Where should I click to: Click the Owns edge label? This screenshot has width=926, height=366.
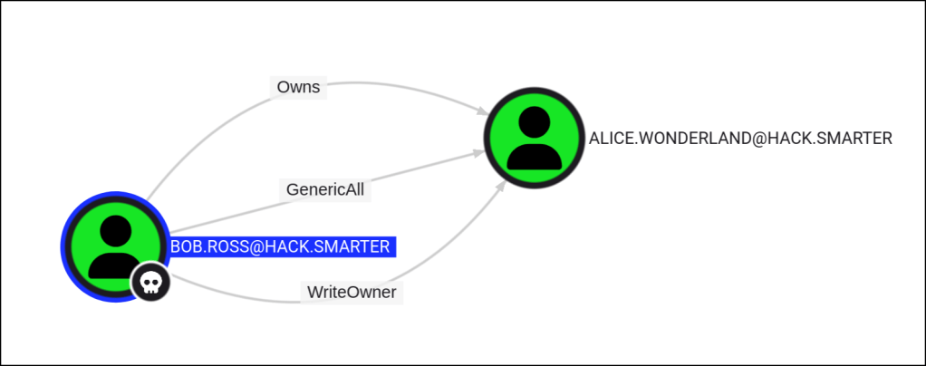pyautogui.click(x=298, y=87)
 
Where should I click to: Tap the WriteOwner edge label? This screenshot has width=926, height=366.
pyautogui.click(x=352, y=293)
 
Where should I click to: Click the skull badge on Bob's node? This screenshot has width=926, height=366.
pyautogui.click(x=150, y=284)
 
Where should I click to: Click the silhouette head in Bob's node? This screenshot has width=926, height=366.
pyautogui.click(x=116, y=232)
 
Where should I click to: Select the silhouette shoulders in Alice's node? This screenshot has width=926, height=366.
pyautogui.click(x=527, y=155)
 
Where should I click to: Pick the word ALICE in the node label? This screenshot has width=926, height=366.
pyautogui.click(x=609, y=139)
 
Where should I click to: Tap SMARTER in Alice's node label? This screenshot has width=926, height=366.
pyautogui.click(x=854, y=139)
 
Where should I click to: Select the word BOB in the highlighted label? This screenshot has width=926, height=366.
pyautogui.click(x=188, y=246)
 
